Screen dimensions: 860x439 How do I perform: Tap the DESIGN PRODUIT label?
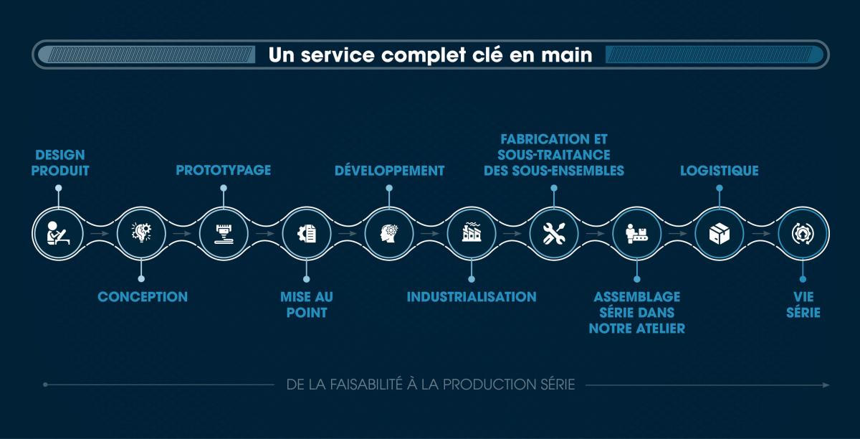pyautogui.click(x=60, y=163)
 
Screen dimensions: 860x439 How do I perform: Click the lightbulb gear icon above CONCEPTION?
pyautogui.click(x=141, y=232)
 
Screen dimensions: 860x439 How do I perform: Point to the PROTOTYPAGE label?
pyautogui.click(x=224, y=170)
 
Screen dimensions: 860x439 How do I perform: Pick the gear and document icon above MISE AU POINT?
pyautogui.click(x=307, y=233)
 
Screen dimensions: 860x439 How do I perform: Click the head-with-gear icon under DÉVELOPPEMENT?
pyautogui.click(x=389, y=233)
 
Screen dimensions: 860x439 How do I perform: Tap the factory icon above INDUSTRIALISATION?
pyautogui.click(x=472, y=232)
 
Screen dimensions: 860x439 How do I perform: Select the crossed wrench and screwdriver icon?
pyautogui.click(x=554, y=233)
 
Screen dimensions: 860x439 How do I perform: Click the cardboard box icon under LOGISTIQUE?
pyautogui.click(x=720, y=234)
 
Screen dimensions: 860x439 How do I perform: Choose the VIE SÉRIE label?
pyautogui.click(x=803, y=305)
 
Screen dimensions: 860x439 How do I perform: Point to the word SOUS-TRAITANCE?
pyautogui.click(x=553, y=155)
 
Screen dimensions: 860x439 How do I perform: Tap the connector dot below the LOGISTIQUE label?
pyautogui.click(x=720, y=188)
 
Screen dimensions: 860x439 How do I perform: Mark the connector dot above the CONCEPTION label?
pyautogui.click(x=141, y=279)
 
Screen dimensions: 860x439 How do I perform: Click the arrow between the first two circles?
pyautogui.click(x=100, y=233)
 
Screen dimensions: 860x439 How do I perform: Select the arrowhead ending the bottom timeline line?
pyautogui.click(x=826, y=384)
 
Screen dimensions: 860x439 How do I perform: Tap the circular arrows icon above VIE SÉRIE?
pyautogui.click(x=803, y=234)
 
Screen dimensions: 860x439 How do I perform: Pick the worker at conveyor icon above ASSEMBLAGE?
pyautogui.click(x=637, y=234)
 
